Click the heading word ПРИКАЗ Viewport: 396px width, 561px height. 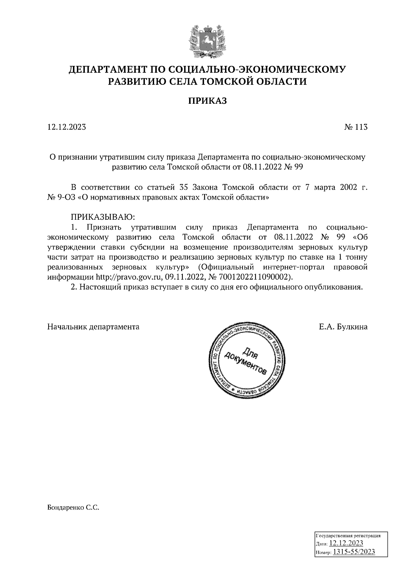pyautogui.click(x=208, y=101)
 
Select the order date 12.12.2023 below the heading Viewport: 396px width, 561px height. pyautogui.click(x=67, y=127)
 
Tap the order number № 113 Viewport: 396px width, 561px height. pyautogui.click(x=356, y=127)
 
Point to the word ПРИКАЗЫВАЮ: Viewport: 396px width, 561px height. pyautogui.click(x=103, y=217)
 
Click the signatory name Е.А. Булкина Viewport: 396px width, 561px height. pyautogui.click(x=343, y=327)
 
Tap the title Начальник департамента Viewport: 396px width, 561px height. pyautogui.click(x=93, y=327)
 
